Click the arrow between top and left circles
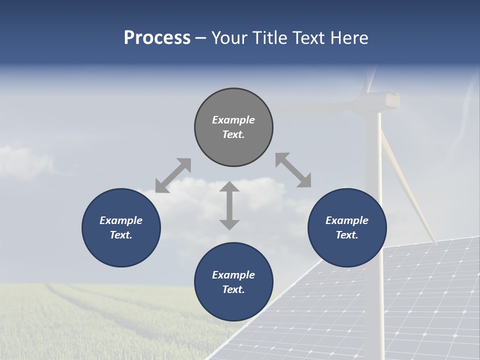coord(173,175)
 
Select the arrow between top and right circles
coord(293,170)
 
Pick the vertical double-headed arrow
coord(229,205)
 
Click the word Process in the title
coord(157,37)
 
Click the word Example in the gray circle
coord(233,120)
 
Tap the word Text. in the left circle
coord(121,235)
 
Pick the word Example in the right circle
coord(347,220)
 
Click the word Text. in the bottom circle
coord(233,289)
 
